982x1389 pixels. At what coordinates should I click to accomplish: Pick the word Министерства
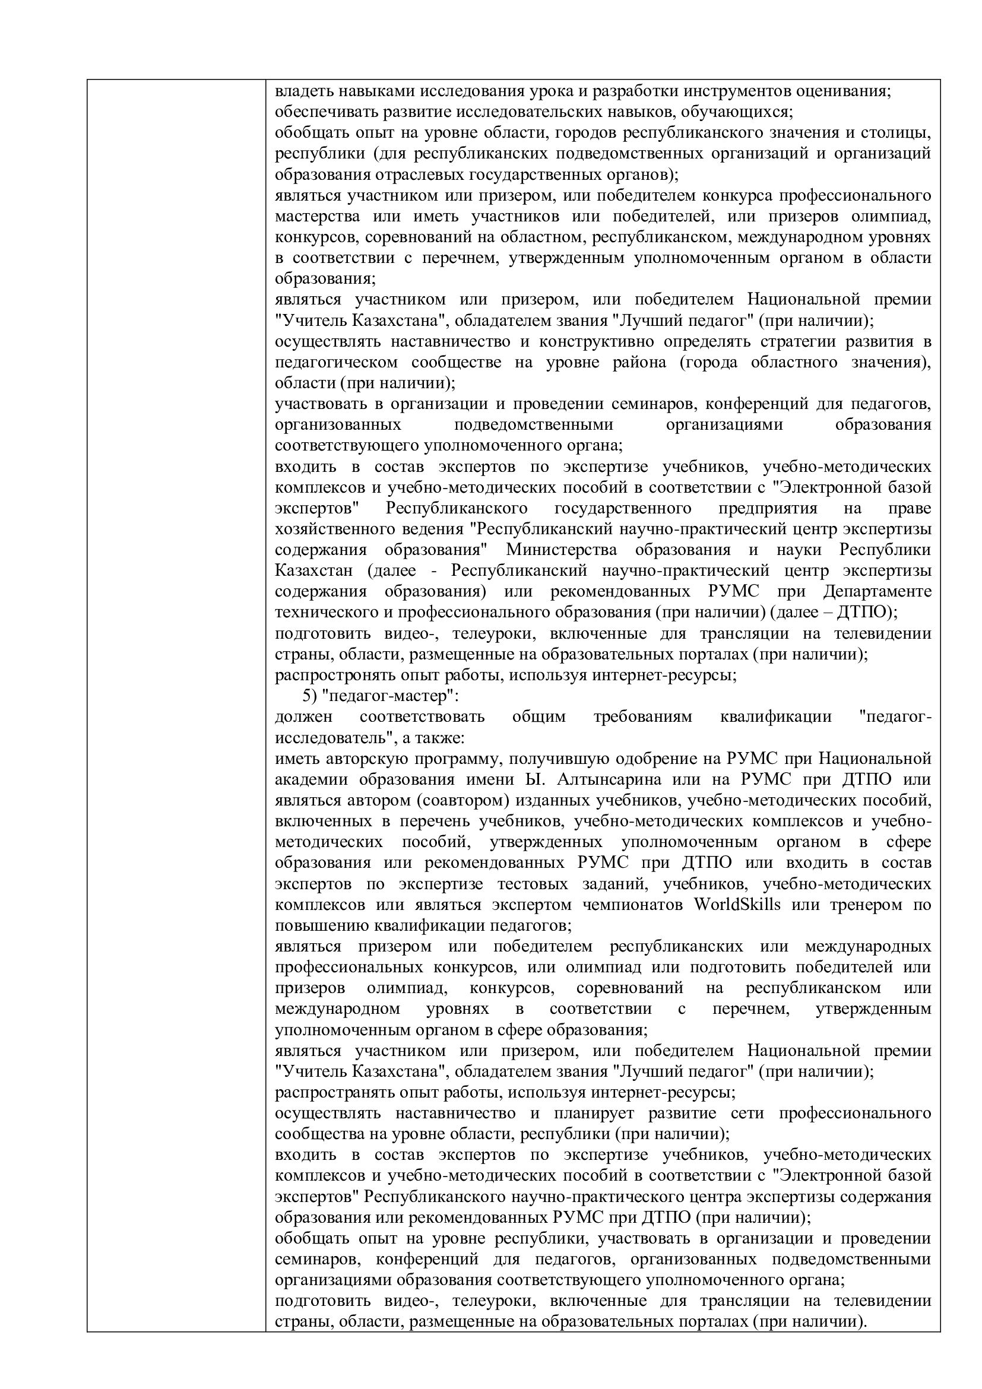(562, 550)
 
